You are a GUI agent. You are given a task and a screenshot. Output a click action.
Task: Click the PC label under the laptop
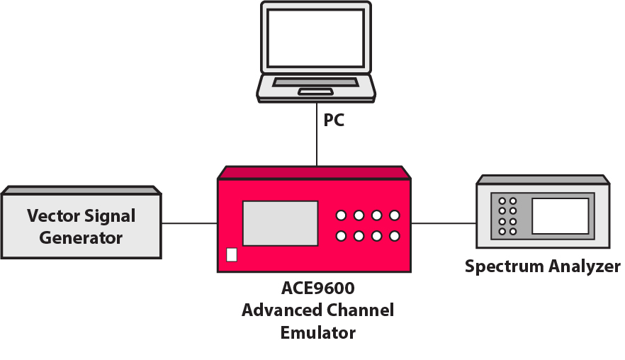click(x=334, y=120)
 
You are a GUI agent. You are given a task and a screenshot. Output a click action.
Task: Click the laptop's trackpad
click(x=315, y=91)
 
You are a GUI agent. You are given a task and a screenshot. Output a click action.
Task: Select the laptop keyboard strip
click(x=315, y=82)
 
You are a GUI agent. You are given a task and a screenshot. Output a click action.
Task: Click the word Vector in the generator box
click(x=54, y=215)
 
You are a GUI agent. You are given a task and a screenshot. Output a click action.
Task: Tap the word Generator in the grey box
click(x=81, y=238)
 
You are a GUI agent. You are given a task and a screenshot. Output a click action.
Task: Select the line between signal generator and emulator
click(x=189, y=223)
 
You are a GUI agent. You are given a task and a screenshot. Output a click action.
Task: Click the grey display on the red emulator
click(x=281, y=223)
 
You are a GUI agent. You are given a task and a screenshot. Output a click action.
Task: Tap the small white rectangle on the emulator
click(x=232, y=255)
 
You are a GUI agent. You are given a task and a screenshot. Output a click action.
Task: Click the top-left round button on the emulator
click(x=341, y=215)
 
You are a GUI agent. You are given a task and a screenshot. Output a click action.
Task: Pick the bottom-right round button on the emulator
click(x=394, y=236)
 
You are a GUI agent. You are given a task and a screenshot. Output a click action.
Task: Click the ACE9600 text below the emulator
click(x=317, y=289)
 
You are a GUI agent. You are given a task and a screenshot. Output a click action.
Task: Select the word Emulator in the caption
click(x=317, y=332)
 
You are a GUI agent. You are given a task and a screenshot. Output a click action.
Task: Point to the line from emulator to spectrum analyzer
click(x=444, y=223)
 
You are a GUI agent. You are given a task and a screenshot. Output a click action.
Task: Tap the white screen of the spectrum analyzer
click(x=560, y=215)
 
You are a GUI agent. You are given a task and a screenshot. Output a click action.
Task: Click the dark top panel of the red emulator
click(x=315, y=173)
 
